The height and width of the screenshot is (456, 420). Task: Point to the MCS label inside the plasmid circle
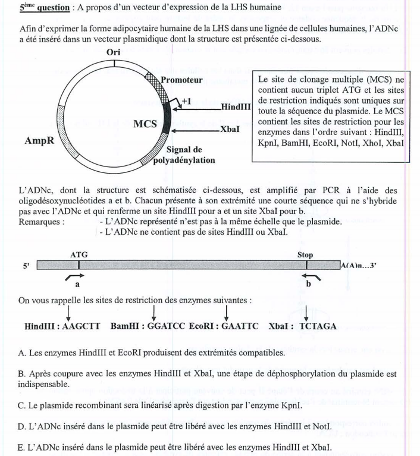click(x=145, y=124)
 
